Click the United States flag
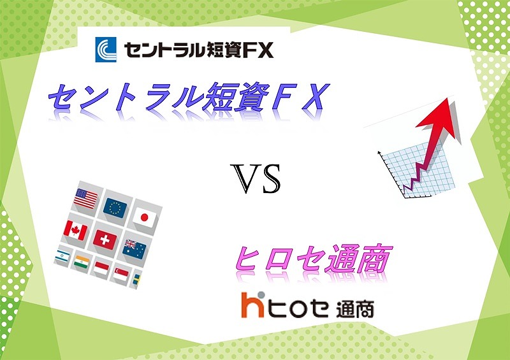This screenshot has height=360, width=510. pos(85,198)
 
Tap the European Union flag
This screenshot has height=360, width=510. pos(115,208)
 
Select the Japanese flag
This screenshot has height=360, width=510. pos(145,217)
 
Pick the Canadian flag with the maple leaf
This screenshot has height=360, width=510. pos(75,230)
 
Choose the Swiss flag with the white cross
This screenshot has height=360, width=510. pos(105,240)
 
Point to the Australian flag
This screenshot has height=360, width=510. pos(135,249)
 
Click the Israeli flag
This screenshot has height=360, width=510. pos(62,256)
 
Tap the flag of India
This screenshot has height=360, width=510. pos(82,262)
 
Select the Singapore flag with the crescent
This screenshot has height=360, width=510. pos(120,275)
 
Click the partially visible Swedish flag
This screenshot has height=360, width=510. pos(136,280)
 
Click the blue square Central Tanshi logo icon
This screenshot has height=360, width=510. pos(106,50)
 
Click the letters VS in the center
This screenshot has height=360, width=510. pos(256,178)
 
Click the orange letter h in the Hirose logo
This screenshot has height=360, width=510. pos(252,305)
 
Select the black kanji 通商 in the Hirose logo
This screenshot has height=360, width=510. pos(355,309)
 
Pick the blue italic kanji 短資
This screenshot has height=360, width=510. pos(235,97)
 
